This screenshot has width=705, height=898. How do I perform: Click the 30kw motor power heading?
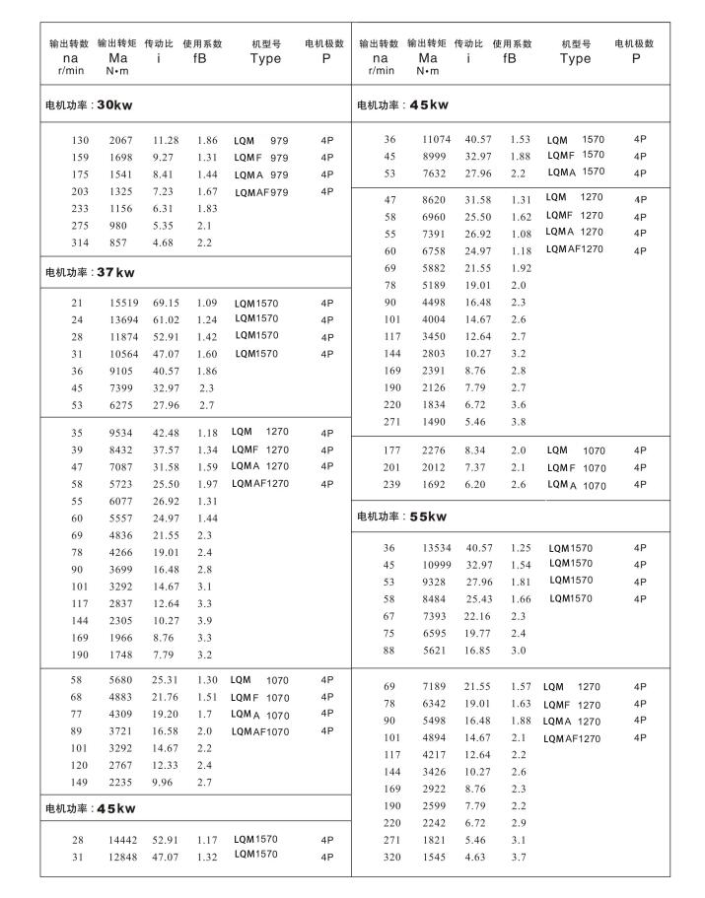point(90,104)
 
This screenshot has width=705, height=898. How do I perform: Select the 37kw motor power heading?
point(90,272)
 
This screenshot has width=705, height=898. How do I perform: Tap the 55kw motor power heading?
point(401,517)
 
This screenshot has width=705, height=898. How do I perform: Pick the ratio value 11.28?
point(166,140)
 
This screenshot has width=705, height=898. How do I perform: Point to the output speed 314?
point(79,242)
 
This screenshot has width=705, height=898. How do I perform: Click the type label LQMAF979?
point(261,193)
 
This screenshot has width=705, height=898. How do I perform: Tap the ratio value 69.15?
point(166,302)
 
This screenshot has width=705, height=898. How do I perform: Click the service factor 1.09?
point(206,302)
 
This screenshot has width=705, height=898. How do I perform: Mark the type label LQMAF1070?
point(260,731)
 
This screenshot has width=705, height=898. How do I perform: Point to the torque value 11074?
point(430,140)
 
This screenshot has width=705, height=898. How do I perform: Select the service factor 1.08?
point(520,234)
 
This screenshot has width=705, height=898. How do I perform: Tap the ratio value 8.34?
point(475,450)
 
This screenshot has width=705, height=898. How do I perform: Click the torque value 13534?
point(430,548)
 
